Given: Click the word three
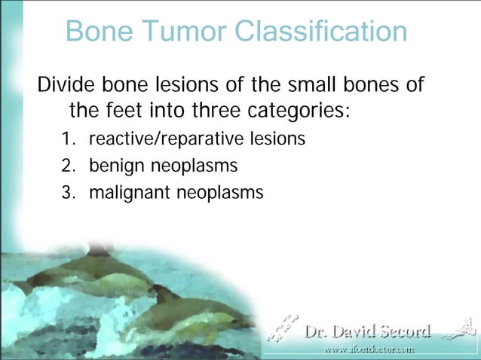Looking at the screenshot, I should pos(213,111).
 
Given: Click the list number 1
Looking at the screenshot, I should pos(68,139).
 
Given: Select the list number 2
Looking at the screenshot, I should pos(68,166).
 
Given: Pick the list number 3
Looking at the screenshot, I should pos(68,192).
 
